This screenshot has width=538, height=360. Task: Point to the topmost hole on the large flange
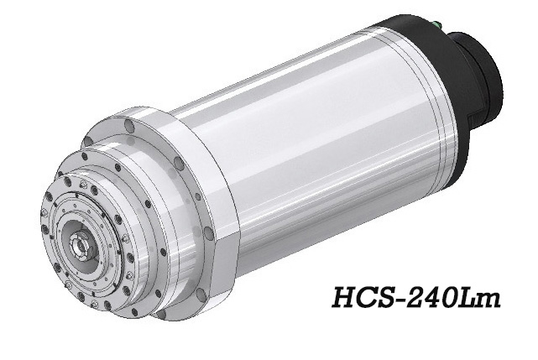pyautogui.click(x=128, y=127)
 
